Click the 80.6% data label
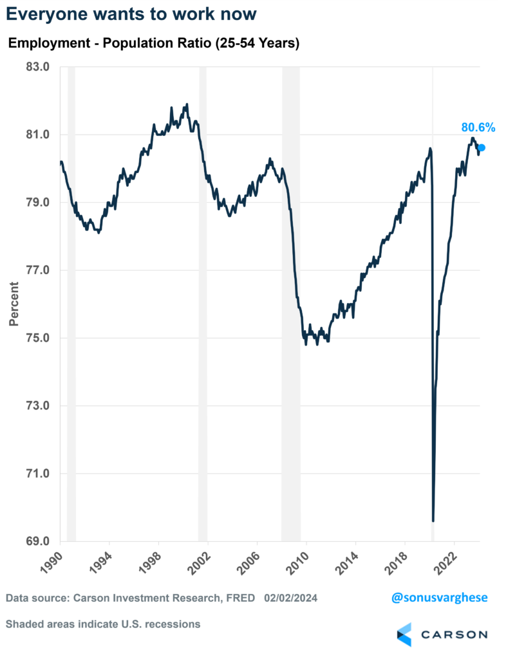(x=477, y=127)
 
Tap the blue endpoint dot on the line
(x=482, y=147)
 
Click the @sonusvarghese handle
(x=439, y=598)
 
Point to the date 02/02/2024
(x=290, y=599)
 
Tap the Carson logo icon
(x=404, y=634)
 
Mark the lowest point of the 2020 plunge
(x=433, y=521)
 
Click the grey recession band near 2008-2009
(x=291, y=302)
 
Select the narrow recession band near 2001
(x=203, y=302)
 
